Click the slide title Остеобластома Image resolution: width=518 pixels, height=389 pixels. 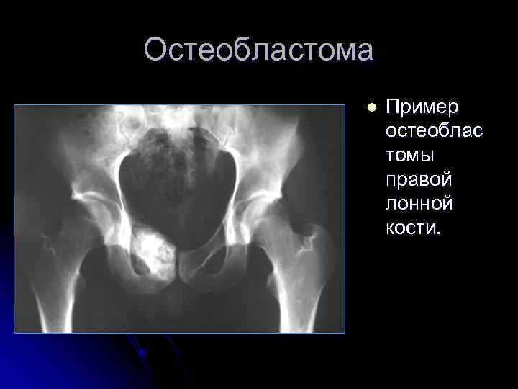[258, 50]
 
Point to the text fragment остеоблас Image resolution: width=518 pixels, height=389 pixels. [434, 132]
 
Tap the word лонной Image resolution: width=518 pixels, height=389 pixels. [419, 204]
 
